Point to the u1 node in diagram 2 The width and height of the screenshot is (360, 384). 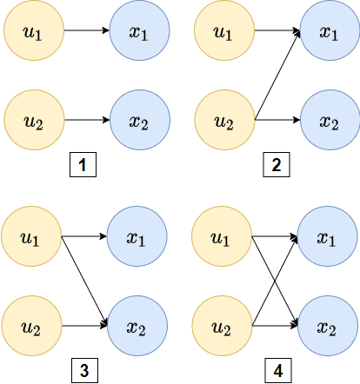point(223,34)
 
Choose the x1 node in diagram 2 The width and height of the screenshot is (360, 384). point(329,34)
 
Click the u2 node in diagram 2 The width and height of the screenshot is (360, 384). point(223,120)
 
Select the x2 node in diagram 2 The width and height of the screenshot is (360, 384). point(329,120)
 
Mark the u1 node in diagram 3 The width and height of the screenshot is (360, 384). point(31,236)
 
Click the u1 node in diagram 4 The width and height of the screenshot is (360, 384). point(222,236)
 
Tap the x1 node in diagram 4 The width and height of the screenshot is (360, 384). point(327,236)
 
